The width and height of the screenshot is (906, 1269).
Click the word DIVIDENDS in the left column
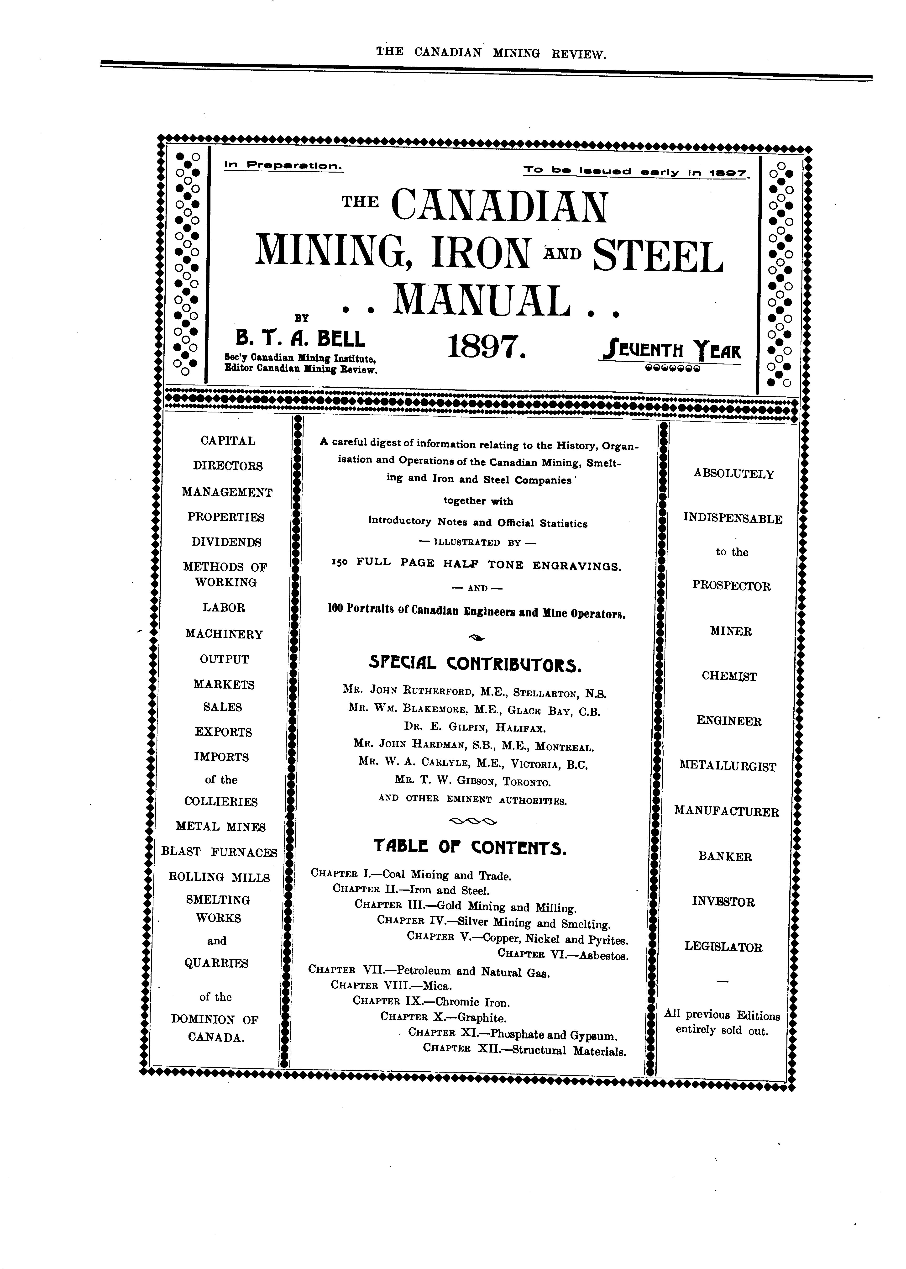tap(226, 542)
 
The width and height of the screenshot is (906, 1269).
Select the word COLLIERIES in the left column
tap(221, 802)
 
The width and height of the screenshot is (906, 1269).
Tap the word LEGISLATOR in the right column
tap(723, 947)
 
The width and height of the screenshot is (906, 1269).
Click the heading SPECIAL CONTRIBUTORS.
tap(476, 665)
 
